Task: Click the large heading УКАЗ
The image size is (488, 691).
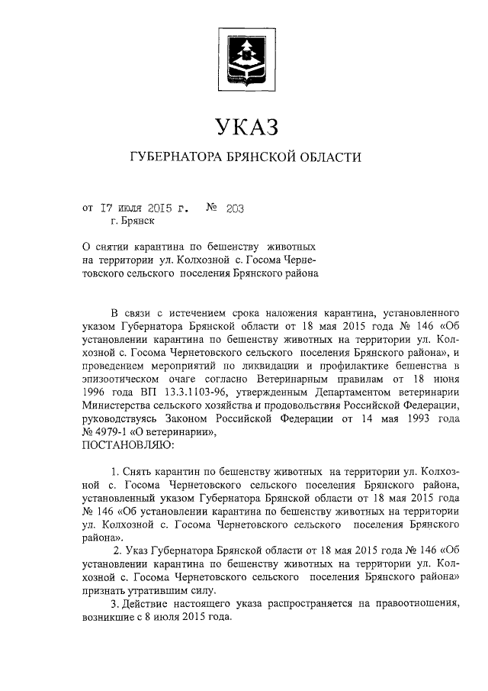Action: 243,126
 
